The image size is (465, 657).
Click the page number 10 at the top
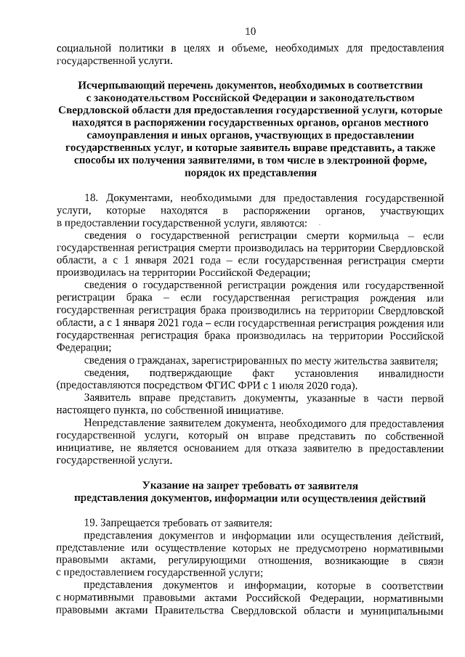(x=250, y=30)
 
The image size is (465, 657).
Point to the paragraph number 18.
(x=91, y=197)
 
